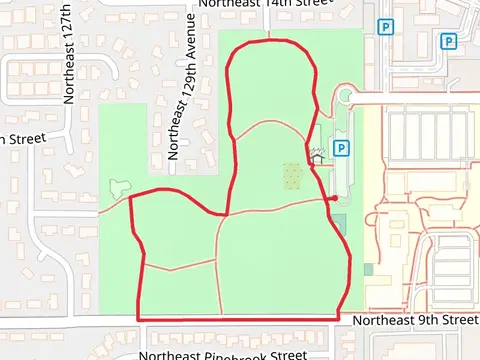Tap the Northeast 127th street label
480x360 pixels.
click(x=70, y=65)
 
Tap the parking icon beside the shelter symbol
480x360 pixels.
click(x=341, y=148)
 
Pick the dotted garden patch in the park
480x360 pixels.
click(x=291, y=175)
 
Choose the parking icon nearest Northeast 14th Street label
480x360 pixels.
click(x=384, y=27)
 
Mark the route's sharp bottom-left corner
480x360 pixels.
click(x=137, y=319)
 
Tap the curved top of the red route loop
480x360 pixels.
click(x=268, y=42)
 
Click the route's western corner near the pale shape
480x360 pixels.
click(x=131, y=197)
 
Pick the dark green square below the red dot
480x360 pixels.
click(x=340, y=222)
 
